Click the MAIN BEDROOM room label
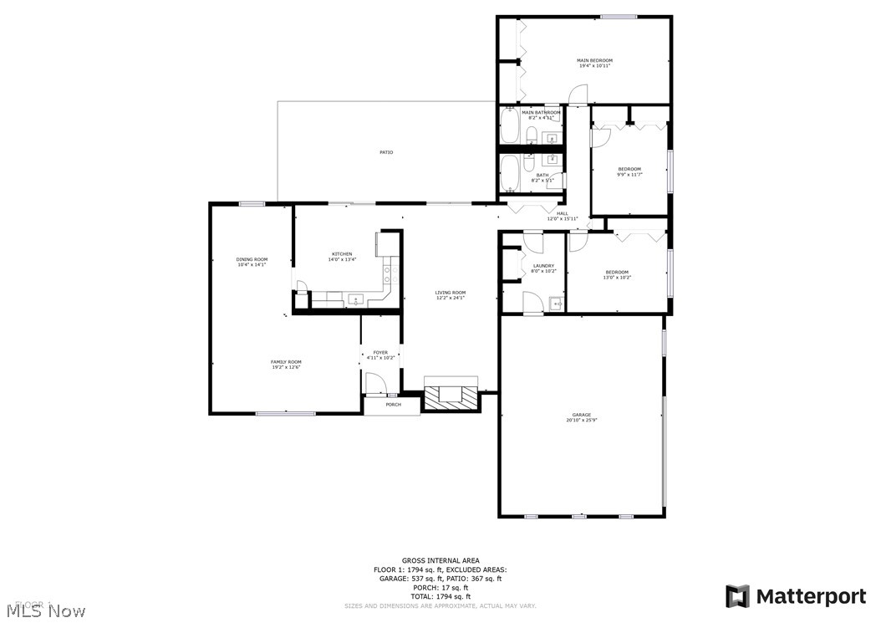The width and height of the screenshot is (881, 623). click(x=594, y=61)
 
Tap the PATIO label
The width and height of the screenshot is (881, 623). click(x=386, y=152)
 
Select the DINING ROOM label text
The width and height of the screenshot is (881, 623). click(x=252, y=260)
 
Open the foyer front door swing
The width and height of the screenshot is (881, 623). click(x=376, y=384)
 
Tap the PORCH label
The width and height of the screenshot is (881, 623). click(x=393, y=405)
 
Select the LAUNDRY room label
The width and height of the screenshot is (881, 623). click(x=543, y=266)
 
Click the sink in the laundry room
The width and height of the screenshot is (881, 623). click(x=555, y=303)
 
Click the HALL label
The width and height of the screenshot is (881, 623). click(x=563, y=213)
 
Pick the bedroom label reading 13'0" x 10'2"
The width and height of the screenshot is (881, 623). click(x=617, y=277)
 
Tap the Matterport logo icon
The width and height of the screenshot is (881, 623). click(x=736, y=596)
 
